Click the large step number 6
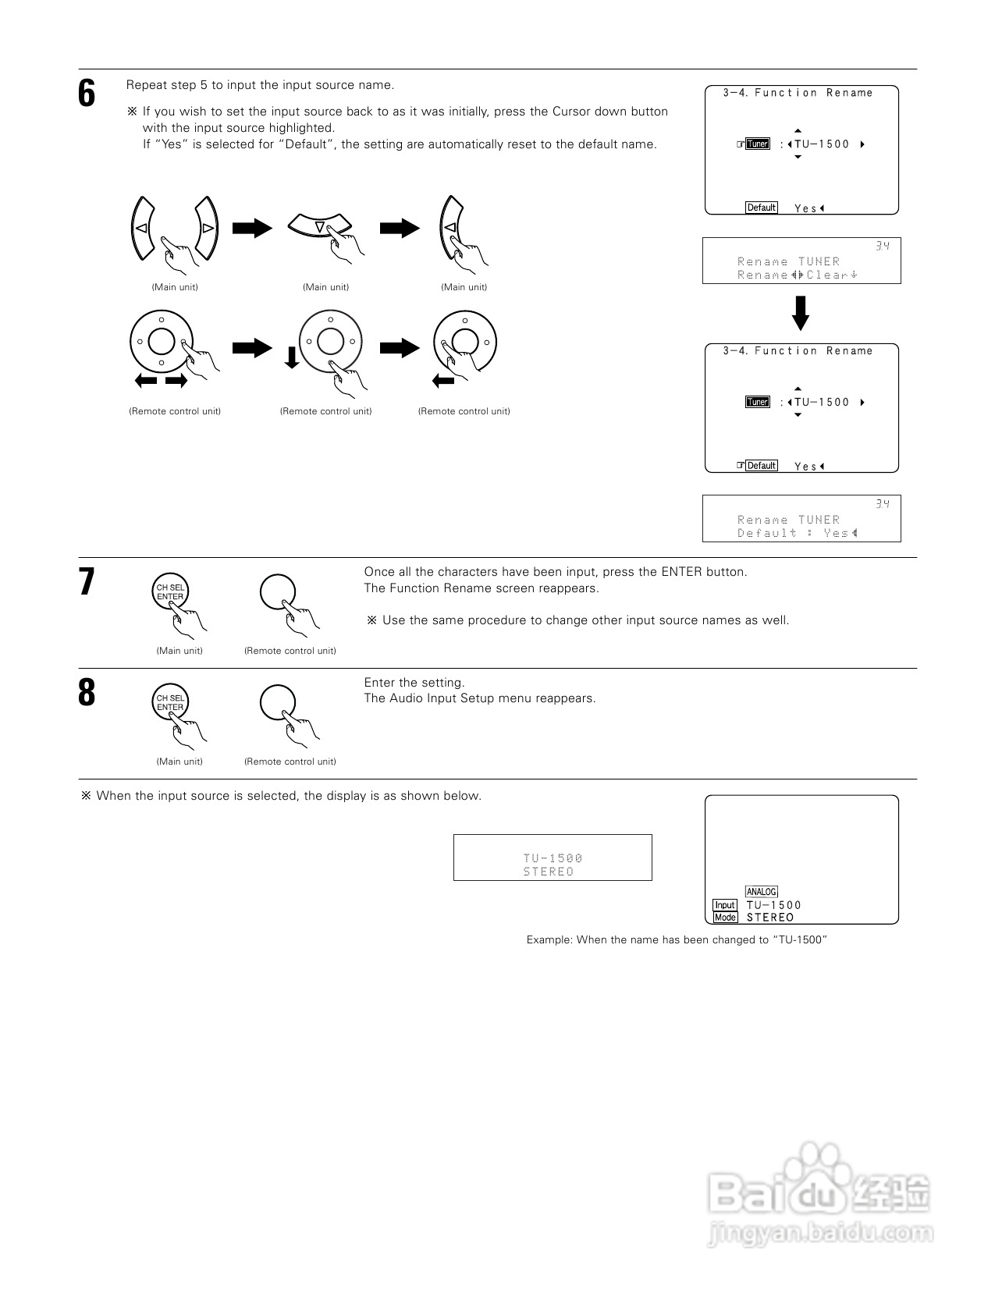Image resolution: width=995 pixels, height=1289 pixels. tap(87, 94)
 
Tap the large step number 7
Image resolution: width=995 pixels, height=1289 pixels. tap(87, 582)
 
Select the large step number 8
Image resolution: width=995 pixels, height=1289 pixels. tap(87, 693)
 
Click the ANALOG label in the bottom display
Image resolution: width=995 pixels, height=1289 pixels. tap(761, 892)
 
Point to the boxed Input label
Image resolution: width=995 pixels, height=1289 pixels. tap(725, 905)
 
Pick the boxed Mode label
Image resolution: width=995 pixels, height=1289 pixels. tap(725, 918)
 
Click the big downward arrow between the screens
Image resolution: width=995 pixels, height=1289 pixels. tap(801, 313)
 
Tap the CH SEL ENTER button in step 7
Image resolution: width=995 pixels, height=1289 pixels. tap(170, 592)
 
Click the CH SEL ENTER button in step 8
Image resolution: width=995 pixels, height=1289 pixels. tap(170, 703)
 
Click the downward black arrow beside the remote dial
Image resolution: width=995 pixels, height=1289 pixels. tap(292, 358)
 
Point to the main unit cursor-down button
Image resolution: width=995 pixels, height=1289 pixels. tap(320, 225)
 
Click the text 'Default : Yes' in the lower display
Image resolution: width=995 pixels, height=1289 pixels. tap(796, 533)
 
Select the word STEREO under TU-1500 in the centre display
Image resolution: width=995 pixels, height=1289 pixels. tap(548, 872)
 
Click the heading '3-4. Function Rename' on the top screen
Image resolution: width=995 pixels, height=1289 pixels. tap(798, 93)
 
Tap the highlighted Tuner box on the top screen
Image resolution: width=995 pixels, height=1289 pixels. tap(757, 144)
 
